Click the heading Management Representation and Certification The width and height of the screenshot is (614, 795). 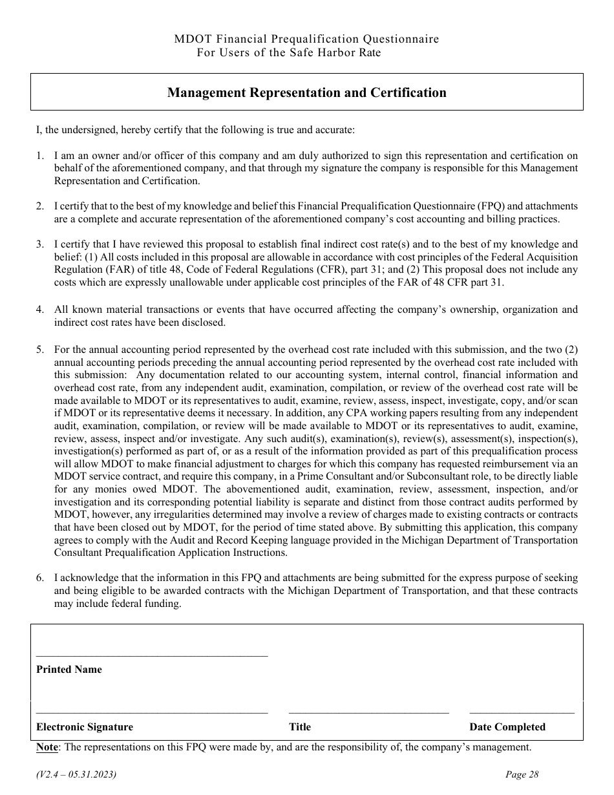click(306, 92)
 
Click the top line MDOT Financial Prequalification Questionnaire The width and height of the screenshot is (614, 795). click(306, 39)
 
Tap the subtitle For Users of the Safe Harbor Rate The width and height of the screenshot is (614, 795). click(288, 53)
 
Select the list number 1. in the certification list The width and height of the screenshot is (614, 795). click(40, 156)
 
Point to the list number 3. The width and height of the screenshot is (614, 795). click(40, 244)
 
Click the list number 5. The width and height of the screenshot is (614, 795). click(40, 350)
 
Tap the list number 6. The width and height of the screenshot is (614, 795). click(40, 578)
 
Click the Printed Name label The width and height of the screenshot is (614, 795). click(69, 670)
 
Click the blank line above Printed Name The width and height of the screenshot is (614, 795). click(152, 655)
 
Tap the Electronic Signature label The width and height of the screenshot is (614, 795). click(85, 727)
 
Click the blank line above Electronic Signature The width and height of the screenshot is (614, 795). click(152, 713)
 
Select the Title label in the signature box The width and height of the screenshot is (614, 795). click(300, 727)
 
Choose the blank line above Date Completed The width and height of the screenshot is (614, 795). click(522, 713)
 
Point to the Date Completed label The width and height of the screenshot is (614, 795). click(507, 727)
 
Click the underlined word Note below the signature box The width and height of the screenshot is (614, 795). click(47, 747)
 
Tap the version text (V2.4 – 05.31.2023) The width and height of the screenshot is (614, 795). click(76, 775)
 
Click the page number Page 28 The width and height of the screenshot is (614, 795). click(522, 775)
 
